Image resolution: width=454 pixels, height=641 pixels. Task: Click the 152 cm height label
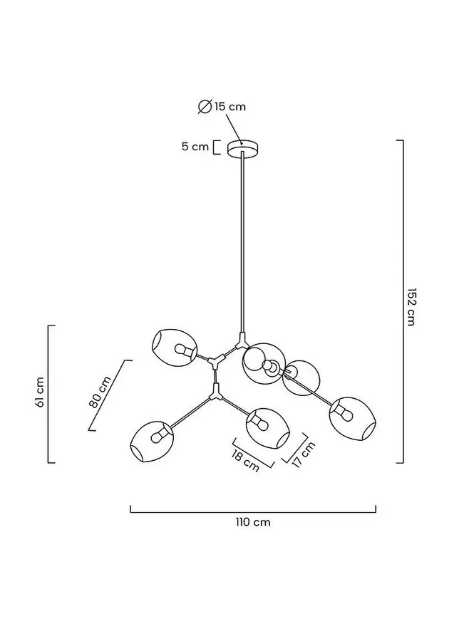(411, 307)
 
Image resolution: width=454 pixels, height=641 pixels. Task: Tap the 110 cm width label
(253, 522)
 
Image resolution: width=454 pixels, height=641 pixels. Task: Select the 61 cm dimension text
(39, 392)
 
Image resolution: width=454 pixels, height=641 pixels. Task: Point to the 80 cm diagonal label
(100, 392)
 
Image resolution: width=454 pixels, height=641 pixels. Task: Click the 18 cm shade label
(245, 461)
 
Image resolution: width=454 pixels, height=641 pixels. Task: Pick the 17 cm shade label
(304, 454)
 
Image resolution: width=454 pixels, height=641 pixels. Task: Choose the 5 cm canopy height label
(195, 147)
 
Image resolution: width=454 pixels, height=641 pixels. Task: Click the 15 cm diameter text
(230, 107)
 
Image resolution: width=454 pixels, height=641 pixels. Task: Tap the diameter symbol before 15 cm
(205, 106)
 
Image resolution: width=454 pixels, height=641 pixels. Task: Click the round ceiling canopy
(243, 148)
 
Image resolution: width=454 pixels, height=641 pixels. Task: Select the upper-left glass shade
(174, 347)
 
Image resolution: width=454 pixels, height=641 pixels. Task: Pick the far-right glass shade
(353, 419)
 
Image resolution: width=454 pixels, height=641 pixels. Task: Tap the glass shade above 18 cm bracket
(268, 428)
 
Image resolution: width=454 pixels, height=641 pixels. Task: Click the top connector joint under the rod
(242, 339)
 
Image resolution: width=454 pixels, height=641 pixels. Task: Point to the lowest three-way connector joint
(215, 393)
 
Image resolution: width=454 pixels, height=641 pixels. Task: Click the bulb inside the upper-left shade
(184, 350)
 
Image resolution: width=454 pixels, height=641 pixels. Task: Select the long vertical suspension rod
(243, 242)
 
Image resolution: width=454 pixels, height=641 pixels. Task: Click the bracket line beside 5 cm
(216, 147)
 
